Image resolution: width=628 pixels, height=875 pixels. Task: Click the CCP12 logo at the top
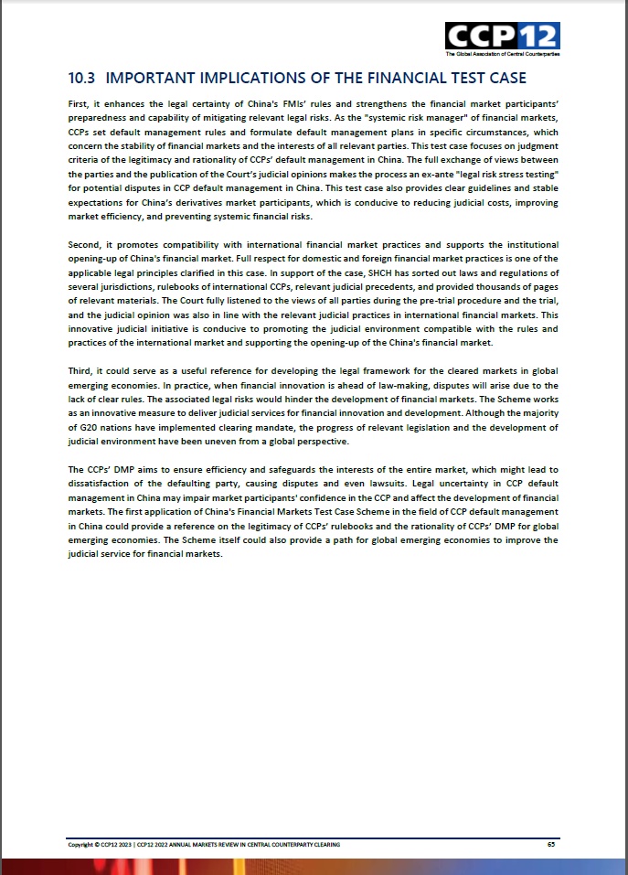[502, 36]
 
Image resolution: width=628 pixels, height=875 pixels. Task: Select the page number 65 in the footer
[551, 844]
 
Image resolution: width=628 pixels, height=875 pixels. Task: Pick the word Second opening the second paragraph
[83, 244]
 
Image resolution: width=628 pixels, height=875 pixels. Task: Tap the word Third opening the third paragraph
[80, 369]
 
